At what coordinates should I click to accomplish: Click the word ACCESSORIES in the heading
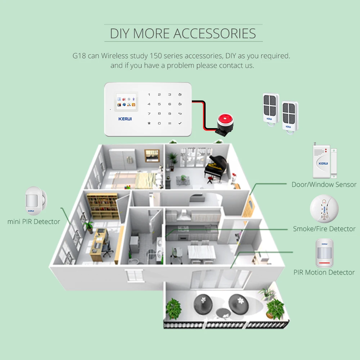tap(215, 33)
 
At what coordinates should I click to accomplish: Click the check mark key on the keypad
tap(180, 123)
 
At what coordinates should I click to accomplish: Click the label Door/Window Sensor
tap(324, 184)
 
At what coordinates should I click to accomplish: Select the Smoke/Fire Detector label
tap(324, 229)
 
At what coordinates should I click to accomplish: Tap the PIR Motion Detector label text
tap(324, 272)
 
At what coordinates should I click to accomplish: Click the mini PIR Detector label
tap(34, 221)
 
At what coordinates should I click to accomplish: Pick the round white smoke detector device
tap(324, 209)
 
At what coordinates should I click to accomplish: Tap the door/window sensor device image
tap(323, 161)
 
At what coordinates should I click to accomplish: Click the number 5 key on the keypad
tap(159, 104)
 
